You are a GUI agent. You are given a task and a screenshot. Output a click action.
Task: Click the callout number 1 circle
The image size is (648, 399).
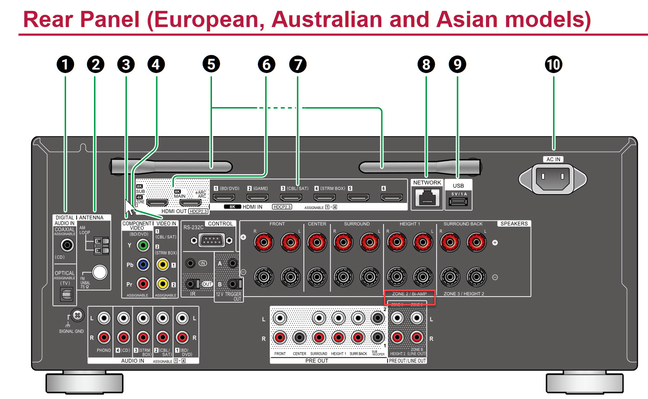[65, 65]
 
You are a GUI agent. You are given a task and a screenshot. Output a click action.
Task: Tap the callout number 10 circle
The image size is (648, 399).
[553, 65]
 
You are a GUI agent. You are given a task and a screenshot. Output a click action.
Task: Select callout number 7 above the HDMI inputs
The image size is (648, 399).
[298, 65]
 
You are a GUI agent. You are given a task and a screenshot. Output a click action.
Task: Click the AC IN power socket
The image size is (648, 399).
[553, 178]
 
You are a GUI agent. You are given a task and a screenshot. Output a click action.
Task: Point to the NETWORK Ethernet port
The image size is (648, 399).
[427, 198]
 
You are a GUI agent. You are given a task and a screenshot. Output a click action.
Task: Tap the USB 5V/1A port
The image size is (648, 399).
[458, 202]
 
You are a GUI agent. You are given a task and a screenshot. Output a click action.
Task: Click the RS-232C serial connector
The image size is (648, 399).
[211, 240]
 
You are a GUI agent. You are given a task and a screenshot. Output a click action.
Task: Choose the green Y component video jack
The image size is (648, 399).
[143, 245]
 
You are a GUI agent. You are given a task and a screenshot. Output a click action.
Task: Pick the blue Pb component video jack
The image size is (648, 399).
[143, 265]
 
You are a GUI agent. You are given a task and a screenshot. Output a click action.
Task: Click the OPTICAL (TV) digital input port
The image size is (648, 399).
[67, 295]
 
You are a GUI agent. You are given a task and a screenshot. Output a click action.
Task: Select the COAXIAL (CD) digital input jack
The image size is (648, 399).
[67, 245]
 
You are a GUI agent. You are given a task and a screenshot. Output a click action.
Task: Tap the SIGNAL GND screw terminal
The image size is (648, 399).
[77, 315]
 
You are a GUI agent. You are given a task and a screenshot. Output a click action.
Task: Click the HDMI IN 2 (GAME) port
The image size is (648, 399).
[257, 198]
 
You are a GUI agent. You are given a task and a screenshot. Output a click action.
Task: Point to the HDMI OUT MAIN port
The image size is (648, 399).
[191, 203]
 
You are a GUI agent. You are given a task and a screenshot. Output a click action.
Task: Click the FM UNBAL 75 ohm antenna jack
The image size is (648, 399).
[100, 272]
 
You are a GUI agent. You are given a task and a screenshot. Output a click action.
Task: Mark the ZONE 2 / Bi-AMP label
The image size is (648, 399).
[409, 294]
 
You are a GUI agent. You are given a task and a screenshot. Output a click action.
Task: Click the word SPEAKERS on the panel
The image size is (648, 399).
[514, 224]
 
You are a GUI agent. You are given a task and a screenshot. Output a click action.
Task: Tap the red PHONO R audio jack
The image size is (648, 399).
[104, 337]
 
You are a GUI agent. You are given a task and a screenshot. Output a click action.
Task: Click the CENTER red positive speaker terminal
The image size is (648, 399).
[317, 242]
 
